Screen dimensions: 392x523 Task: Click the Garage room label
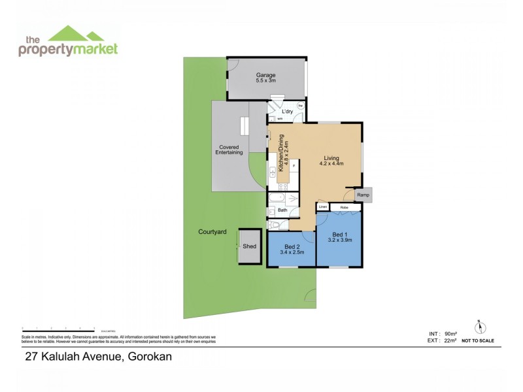pos(265,78)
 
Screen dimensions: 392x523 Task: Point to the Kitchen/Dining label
pos(282,152)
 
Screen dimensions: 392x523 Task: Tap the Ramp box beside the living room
pos(363,195)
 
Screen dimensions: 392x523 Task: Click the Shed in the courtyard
pos(250,246)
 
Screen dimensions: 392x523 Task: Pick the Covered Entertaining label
pos(229,150)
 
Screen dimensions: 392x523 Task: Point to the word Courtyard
pos(212,232)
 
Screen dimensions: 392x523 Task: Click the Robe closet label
pos(344,207)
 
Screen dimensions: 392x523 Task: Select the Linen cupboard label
pos(322,207)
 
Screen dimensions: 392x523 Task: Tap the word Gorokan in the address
pos(152,357)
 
